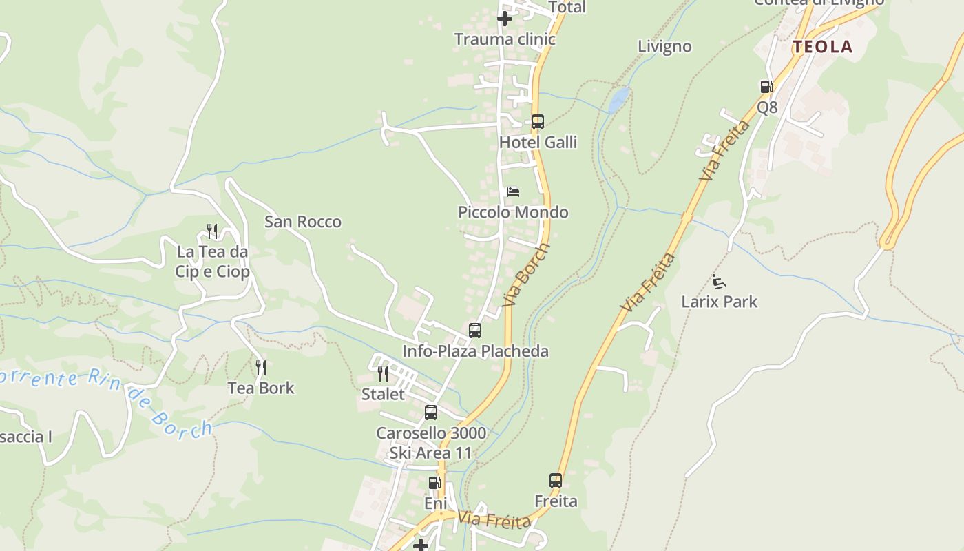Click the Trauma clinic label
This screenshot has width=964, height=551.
point(505,39)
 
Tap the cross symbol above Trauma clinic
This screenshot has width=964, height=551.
point(505,19)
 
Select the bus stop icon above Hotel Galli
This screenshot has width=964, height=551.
point(538,122)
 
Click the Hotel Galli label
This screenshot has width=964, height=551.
point(538,143)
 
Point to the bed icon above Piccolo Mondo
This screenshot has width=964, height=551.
point(513,191)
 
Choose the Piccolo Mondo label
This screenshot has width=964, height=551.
point(513,212)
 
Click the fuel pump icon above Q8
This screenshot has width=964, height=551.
point(766,87)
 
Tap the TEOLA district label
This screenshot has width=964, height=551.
point(822,47)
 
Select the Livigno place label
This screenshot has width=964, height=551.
point(664,47)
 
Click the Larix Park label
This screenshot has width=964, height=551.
point(719,302)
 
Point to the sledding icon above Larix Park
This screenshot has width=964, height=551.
point(719,281)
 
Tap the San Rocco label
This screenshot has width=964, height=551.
point(303,222)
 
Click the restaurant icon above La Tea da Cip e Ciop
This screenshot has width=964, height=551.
point(212,231)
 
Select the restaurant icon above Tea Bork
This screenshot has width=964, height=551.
point(261,368)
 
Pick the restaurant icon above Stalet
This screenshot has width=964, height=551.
point(383,374)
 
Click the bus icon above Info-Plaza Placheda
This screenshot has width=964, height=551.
point(475,331)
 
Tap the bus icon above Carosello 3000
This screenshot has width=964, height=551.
point(431,413)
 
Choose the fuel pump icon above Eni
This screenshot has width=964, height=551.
point(434,483)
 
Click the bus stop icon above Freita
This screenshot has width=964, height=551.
point(556,480)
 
